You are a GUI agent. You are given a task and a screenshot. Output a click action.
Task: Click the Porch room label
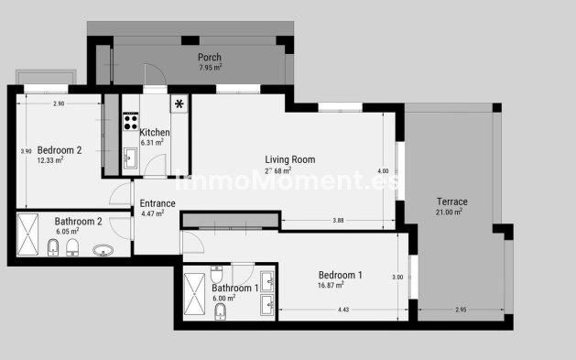click(x=210, y=57)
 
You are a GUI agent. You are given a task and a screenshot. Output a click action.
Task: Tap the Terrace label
click(x=451, y=202)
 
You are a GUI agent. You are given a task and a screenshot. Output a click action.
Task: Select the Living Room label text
click(x=289, y=159)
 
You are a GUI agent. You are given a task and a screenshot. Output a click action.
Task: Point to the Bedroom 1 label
click(x=340, y=275)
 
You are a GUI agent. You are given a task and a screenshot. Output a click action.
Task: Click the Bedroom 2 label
click(x=60, y=150)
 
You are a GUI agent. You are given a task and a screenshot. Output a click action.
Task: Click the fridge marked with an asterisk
click(x=179, y=103)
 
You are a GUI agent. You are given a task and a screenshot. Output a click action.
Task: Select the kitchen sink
click(x=129, y=158)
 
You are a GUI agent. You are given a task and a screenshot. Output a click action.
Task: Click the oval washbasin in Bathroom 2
click(x=102, y=249)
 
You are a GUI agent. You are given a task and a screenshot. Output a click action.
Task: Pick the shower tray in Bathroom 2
click(x=28, y=235)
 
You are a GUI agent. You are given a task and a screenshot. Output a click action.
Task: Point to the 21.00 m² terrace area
click(x=449, y=213)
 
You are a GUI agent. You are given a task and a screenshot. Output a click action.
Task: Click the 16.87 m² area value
click(x=339, y=285)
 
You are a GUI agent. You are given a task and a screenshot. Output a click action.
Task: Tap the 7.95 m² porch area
click(x=210, y=67)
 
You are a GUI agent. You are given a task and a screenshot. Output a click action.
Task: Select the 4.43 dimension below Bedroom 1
click(x=342, y=311)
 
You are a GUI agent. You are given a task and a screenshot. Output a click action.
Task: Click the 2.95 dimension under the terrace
click(x=460, y=311)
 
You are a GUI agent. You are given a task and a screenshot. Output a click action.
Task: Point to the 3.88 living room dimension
click(x=338, y=220)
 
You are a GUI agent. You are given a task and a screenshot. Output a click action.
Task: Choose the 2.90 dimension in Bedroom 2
click(x=59, y=104)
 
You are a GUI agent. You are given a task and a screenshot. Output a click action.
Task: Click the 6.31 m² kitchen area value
click(x=152, y=143)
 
